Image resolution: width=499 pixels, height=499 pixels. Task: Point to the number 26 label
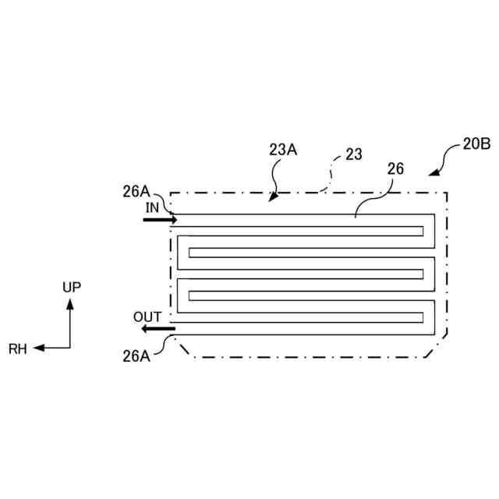pos(395,168)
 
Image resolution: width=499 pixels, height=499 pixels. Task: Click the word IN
pos(152,207)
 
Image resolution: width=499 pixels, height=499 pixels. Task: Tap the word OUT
pos(147,317)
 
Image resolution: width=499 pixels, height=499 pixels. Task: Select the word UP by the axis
pos(71,287)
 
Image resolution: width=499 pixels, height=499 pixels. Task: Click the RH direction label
pos(18,349)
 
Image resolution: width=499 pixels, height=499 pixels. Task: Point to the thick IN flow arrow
pos(160,221)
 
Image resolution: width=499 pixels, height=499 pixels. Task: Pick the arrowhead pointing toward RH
pos(37,349)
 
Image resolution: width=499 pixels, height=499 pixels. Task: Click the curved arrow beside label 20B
pos(441,162)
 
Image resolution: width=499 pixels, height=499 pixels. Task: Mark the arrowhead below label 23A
pos(272,199)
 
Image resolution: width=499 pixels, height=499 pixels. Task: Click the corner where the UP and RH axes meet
pos(70,349)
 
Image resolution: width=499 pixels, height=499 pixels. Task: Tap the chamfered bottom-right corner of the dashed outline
pos(436,347)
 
